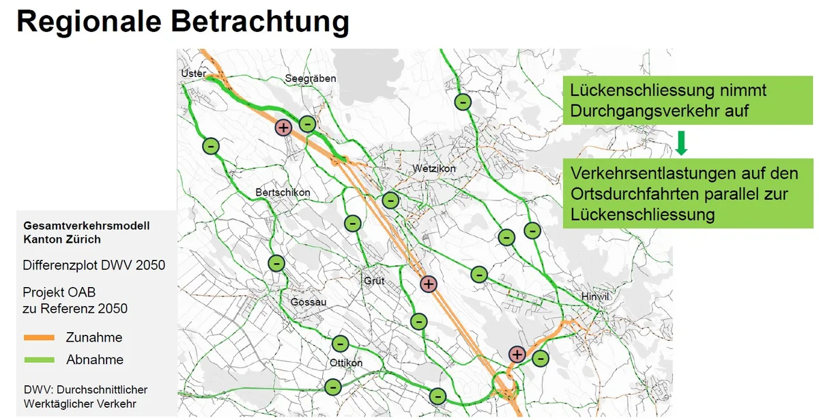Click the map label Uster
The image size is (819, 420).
click(x=193, y=73)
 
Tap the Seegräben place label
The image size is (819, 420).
click(x=311, y=78)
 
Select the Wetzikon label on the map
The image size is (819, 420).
click(x=434, y=168)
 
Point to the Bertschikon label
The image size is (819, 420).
click(x=283, y=192)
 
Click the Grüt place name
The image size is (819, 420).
click(x=374, y=280)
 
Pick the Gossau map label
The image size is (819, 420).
click(x=308, y=302)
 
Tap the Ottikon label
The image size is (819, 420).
click(x=346, y=363)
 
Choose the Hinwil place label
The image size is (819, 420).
click(x=594, y=297)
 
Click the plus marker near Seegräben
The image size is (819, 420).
click(x=283, y=127)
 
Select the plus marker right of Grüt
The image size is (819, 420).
click(x=428, y=284)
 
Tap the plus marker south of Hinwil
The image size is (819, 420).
click(x=517, y=355)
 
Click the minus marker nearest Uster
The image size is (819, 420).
click(x=211, y=146)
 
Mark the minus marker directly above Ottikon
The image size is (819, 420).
click(x=340, y=344)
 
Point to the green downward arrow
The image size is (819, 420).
click(x=680, y=142)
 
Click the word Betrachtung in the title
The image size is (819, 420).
click(x=260, y=22)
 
